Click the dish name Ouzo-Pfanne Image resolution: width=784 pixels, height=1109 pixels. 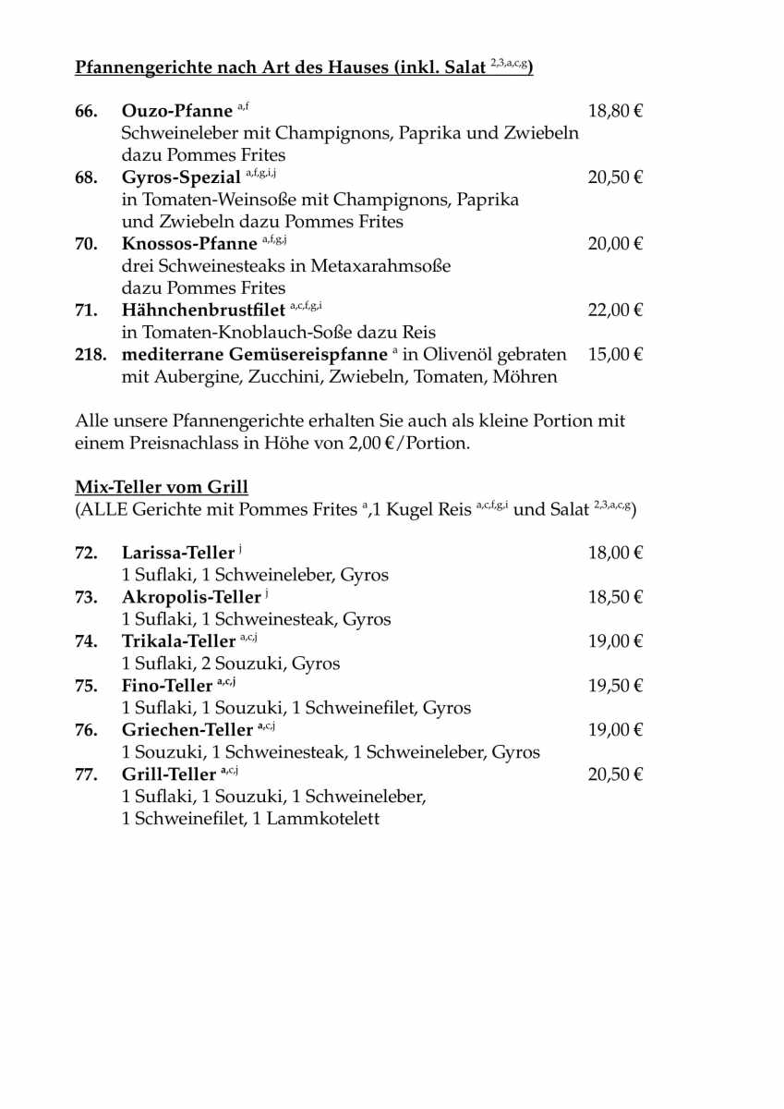click(177, 112)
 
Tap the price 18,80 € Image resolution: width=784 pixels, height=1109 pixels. click(615, 112)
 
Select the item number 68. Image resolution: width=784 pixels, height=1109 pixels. click(86, 177)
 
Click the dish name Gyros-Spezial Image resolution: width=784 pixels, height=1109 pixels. click(181, 177)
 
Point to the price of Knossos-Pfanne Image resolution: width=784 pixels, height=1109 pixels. click(615, 244)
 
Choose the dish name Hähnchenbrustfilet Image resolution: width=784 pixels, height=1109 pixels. click(203, 311)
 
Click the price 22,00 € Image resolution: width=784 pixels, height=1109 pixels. click(615, 311)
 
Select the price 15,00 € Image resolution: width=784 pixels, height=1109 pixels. click(615, 355)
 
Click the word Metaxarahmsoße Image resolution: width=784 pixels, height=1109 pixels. click(380, 266)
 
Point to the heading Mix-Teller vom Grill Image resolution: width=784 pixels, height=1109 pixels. click(162, 487)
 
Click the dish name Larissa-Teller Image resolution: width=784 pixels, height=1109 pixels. click(178, 554)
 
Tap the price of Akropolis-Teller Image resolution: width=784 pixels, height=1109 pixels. click(615, 597)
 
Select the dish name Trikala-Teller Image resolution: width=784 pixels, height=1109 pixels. click(178, 641)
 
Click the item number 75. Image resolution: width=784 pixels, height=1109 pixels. click(86, 686)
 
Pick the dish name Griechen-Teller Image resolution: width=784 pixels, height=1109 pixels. click(187, 730)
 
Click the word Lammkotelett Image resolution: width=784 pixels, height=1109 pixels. click(322, 819)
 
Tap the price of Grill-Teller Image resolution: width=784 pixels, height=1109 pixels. click(615, 774)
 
